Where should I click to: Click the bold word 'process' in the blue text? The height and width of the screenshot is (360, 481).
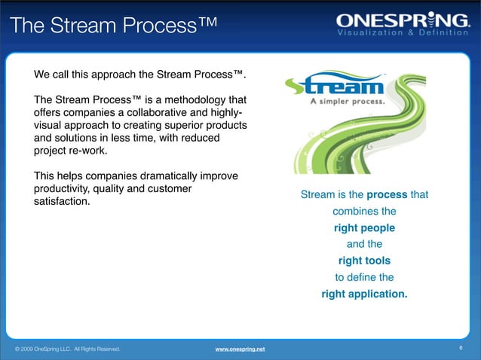pos(387,195)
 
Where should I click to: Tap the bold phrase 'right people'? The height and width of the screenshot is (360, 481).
pos(364,227)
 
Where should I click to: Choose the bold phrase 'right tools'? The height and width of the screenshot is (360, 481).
pos(364,261)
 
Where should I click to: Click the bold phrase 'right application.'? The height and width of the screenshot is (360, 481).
pos(364,294)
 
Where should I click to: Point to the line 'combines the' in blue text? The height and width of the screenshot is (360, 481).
pos(364,211)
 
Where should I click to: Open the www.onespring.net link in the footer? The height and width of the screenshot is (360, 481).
pos(240,349)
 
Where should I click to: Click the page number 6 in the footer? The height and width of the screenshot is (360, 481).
pos(461,348)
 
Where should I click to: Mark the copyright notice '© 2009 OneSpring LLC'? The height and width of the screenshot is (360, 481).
pos(45,349)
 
